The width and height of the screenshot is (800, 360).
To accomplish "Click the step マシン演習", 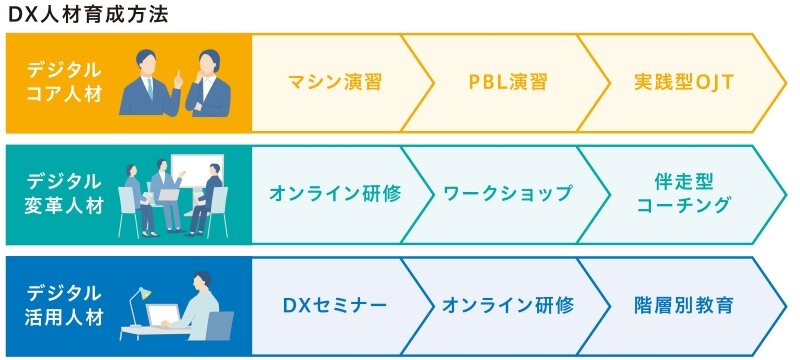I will pyautogui.click(x=334, y=82).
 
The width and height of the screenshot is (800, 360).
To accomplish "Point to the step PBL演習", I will pyautogui.click(x=506, y=82).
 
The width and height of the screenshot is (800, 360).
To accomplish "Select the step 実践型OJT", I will pyautogui.click(x=684, y=82).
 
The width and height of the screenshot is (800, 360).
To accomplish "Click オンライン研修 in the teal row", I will pyautogui.click(x=334, y=194).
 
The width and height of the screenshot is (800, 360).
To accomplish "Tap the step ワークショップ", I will pyautogui.click(x=508, y=194).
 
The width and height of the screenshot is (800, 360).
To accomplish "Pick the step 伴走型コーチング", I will pyautogui.click(x=684, y=194).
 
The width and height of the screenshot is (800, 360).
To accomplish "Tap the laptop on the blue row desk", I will pyautogui.click(x=164, y=316).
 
